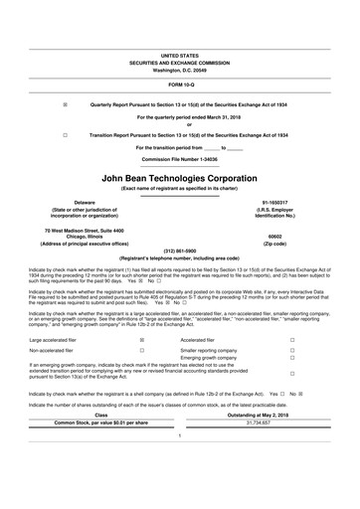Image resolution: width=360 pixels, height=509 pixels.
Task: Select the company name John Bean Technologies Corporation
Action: point(180,176)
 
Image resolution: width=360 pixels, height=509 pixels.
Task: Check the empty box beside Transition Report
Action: point(66,133)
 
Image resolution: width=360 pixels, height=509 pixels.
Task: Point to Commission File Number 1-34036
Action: point(180,160)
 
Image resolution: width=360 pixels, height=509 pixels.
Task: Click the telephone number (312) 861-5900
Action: point(180,250)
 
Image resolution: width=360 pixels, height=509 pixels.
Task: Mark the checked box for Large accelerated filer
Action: point(142,339)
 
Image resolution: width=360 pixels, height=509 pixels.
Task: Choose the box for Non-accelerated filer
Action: point(142,351)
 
